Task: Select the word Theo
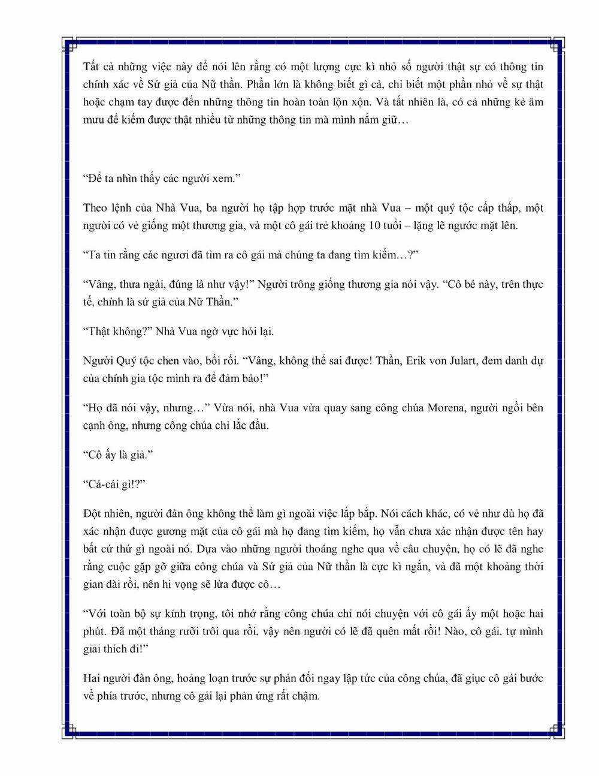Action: (x=95, y=209)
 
